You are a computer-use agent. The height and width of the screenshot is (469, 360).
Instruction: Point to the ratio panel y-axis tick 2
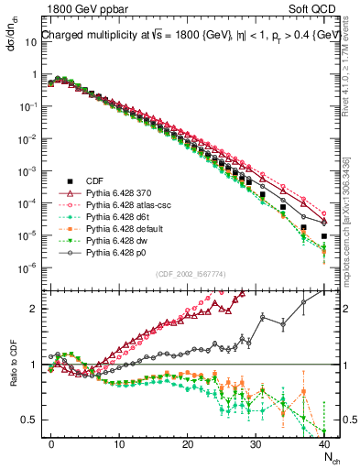coord(36,309)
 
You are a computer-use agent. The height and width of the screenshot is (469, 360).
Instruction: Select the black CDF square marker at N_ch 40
coord(324,236)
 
